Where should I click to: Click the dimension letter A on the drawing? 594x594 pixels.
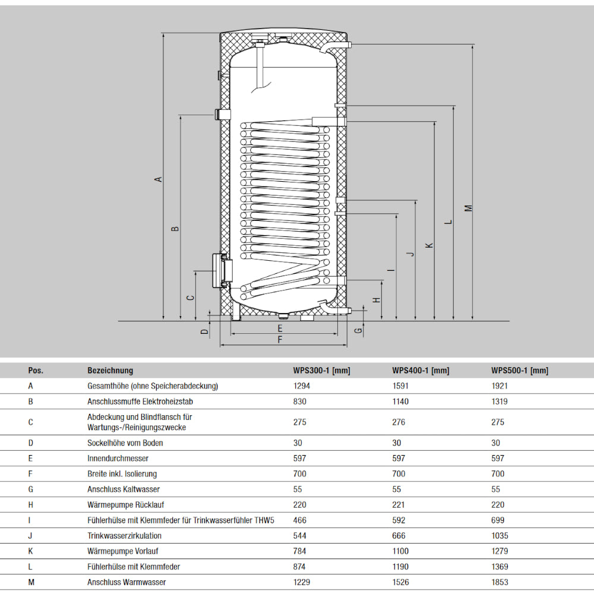[x=158, y=179]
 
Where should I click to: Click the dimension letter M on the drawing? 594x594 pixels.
[x=468, y=208]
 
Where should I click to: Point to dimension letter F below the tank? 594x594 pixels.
[x=280, y=340]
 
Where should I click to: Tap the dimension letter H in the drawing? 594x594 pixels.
[x=377, y=300]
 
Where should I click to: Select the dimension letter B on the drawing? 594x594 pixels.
[x=175, y=229]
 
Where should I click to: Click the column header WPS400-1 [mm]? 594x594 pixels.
[x=421, y=371]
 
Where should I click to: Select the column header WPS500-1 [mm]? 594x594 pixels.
[x=519, y=371]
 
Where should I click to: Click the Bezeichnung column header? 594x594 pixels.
[x=110, y=371]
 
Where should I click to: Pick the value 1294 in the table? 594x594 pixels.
[x=302, y=386]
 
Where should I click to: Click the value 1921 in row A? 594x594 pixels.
[x=500, y=386]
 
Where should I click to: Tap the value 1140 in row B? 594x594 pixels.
[x=400, y=402]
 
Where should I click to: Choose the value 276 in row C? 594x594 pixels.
[x=399, y=422]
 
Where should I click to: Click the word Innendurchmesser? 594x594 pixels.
[x=118, y=459]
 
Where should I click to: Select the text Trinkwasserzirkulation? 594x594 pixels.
[x=124, y=536]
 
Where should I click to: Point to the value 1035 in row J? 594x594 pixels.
[x=500, y=536]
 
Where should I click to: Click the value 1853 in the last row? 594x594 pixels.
[x=500, y=583]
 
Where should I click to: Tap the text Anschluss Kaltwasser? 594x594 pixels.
[x=123, y=489]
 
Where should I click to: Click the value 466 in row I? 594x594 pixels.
[x=300, y=520]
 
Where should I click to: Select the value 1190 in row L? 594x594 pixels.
[x=400, y=567]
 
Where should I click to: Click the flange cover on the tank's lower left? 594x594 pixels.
[x=218, y=271]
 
